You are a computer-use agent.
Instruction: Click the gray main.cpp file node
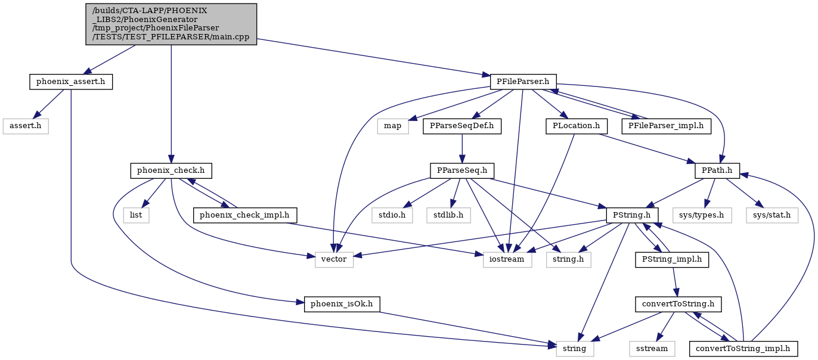(171, 24)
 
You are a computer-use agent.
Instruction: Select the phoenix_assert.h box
(71, 82)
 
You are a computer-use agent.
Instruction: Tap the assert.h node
(26, 126)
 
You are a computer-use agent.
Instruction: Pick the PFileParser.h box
(523, 82)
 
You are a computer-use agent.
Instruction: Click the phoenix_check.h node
(171, 171)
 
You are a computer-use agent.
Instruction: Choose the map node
(393, 126)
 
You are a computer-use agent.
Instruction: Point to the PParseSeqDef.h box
(462, 126)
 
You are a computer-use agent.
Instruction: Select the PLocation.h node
(577, 126)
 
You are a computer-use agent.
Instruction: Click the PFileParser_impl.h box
(666, 126)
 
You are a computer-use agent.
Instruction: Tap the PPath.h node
(717, 171)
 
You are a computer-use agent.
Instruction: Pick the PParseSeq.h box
(462, 171)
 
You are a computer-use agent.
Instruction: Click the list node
(136, 215)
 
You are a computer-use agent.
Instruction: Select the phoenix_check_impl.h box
(244, 215)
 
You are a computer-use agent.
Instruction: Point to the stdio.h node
(392, 215)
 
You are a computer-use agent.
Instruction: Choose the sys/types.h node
(702, 215)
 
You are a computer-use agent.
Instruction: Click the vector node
(334, 260)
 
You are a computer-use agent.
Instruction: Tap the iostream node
(507, 260)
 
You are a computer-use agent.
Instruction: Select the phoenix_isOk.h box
(342, 304)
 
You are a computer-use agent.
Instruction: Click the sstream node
(652, 349)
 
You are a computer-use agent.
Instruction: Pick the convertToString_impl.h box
(743, 349)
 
